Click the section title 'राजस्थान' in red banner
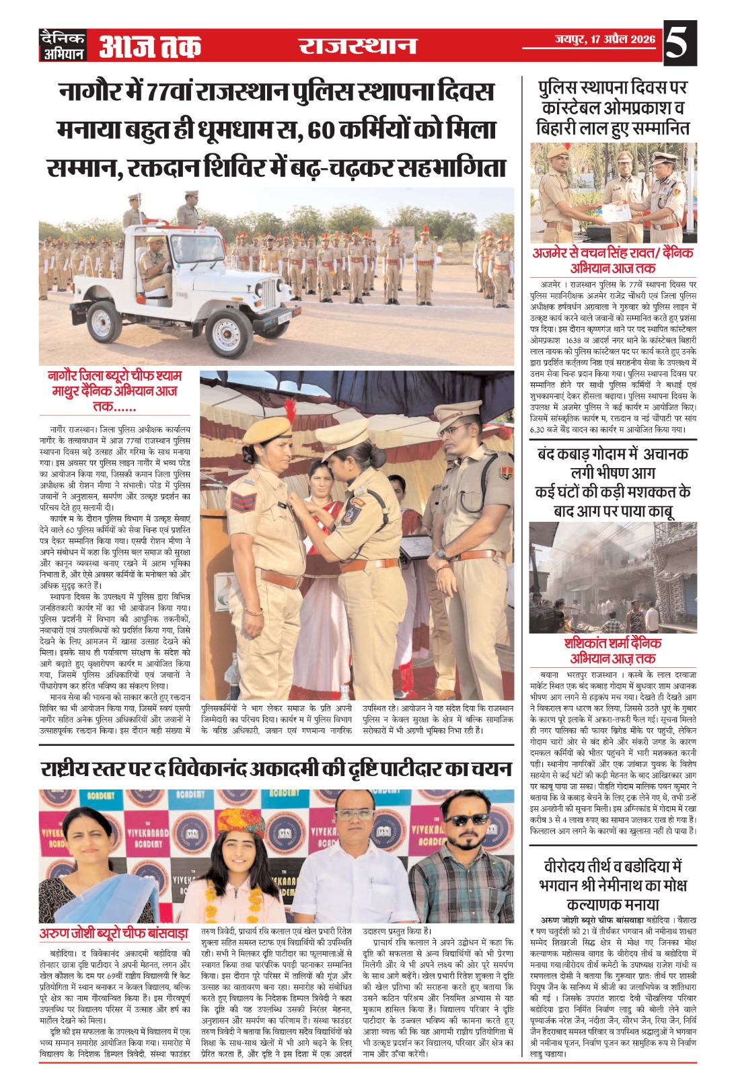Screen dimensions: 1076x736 tap(357, 46)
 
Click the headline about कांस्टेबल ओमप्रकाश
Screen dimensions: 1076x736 tap(612, 108)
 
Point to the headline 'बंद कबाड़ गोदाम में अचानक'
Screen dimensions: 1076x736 tap(612, 454)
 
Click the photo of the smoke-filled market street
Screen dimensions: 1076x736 tap(612, 577)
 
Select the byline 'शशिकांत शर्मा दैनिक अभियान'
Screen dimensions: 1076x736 tap(612, 650)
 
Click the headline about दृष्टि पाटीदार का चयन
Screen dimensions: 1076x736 tap(276, 769)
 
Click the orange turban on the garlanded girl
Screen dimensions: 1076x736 tap(240, 824)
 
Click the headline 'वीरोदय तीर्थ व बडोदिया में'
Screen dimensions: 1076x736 tap(612, 866)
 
